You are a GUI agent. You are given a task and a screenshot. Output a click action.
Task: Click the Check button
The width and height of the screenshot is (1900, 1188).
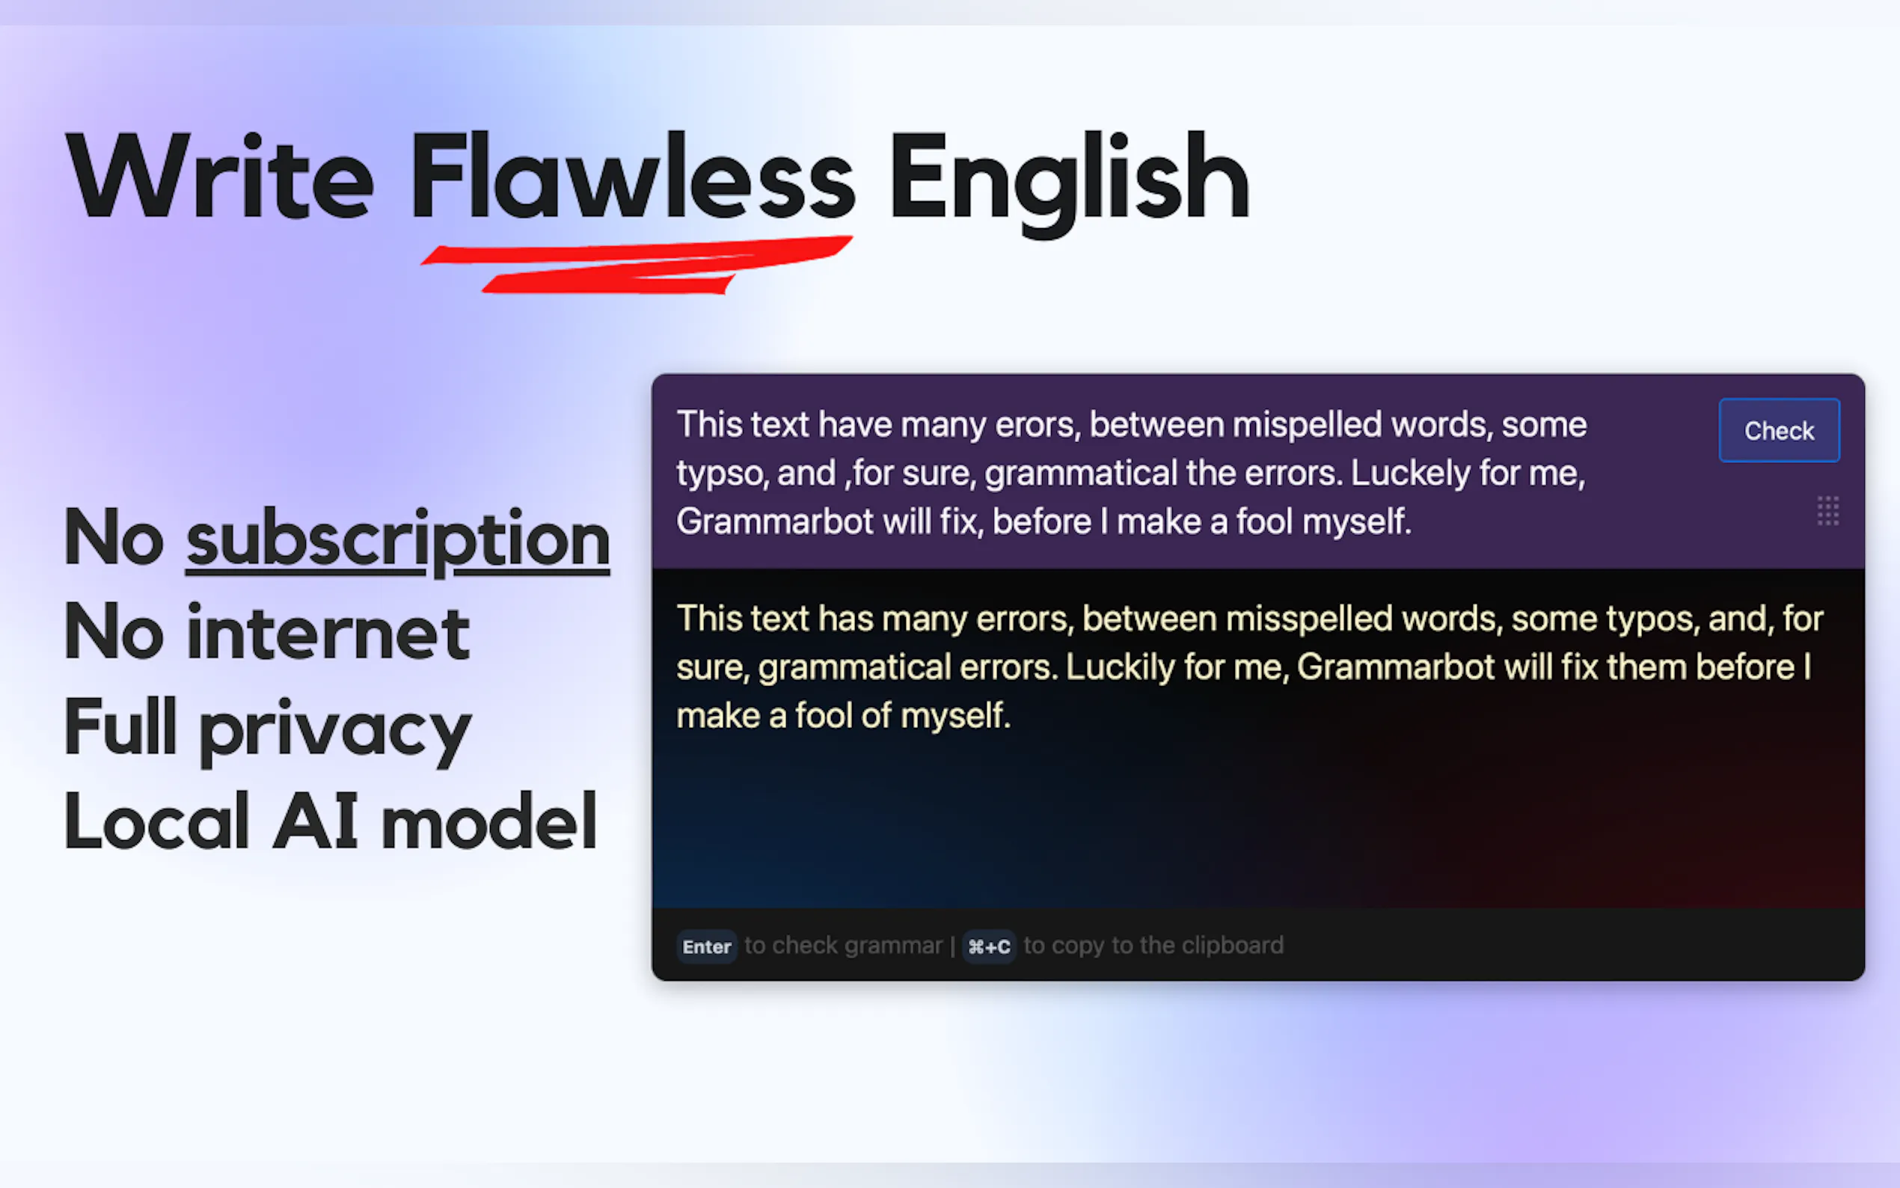(x=1778, y=431)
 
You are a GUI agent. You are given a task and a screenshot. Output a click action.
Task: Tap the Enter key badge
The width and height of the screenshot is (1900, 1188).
(x=706, y=946)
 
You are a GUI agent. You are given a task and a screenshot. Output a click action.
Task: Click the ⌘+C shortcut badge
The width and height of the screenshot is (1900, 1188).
(x=988, y=946)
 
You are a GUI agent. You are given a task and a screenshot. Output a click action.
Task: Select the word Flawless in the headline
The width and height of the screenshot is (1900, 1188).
(x=632, y=177)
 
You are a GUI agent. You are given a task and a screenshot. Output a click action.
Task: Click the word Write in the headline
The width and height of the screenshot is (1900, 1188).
(x=221, y=177)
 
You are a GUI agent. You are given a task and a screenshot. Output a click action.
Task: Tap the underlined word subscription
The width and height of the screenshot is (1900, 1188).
(x=397, y=541)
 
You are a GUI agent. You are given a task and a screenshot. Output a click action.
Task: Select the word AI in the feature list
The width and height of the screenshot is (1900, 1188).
(x=315, y=822)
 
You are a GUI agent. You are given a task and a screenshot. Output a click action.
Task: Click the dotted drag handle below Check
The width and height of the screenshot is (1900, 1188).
(x=1827, y=511)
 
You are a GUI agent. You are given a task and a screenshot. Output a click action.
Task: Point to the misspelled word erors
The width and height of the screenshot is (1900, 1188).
(x=1038, y=425)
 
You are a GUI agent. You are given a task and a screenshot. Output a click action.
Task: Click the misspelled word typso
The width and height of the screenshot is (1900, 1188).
(x=721, y=474)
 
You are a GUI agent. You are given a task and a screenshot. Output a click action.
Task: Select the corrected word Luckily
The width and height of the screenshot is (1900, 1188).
(x=1120, y=668)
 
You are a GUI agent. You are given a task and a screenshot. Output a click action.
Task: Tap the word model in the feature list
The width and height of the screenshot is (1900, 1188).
(x=488, y=822)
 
